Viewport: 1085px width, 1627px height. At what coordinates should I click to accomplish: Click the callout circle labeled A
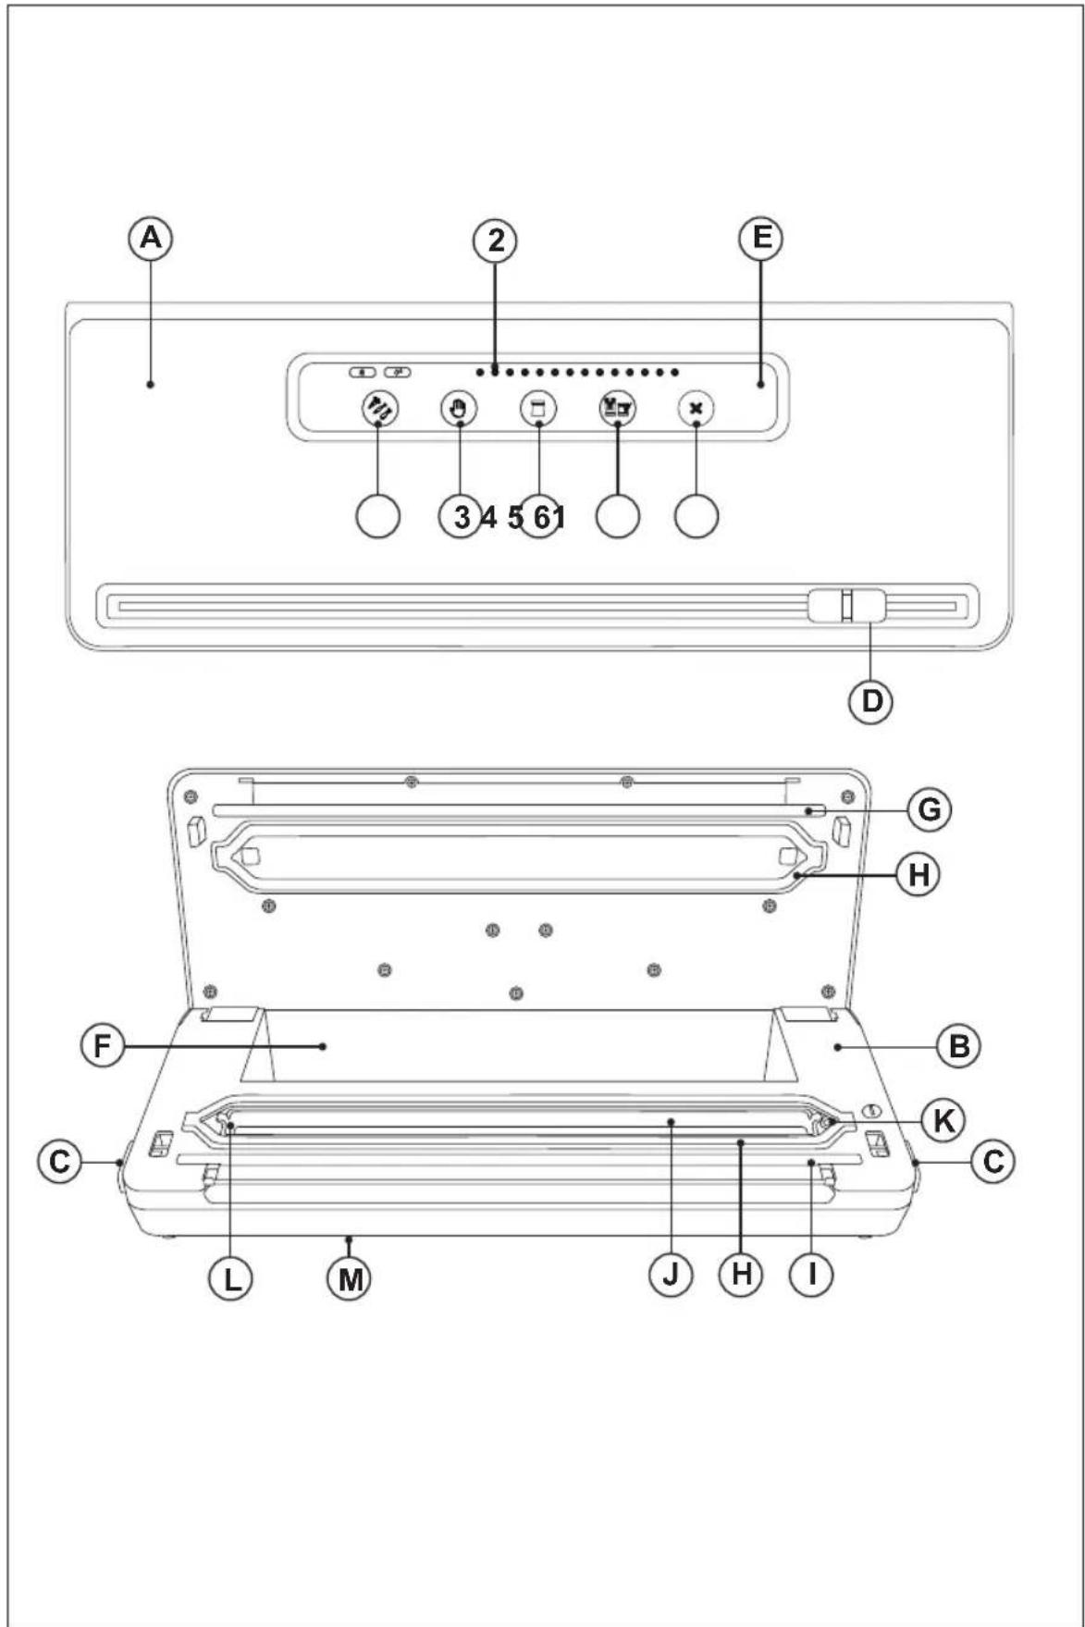point(150,239)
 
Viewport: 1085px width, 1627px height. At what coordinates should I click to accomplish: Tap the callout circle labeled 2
point(496,240)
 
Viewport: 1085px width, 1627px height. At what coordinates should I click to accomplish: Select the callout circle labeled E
point(761,238)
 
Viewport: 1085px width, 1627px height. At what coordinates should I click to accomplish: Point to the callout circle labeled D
point(871,701)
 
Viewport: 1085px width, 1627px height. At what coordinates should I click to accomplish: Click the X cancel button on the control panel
point(696,408)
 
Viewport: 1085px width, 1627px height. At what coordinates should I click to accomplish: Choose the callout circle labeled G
point(929,809)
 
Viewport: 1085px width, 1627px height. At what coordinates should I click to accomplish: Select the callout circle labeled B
point(959,1046)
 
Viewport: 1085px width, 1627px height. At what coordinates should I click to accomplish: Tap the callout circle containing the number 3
point(461,516)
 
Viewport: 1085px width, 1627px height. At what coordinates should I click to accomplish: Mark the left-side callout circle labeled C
point(59,1160)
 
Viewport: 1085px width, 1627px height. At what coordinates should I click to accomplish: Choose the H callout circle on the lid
point(918,874)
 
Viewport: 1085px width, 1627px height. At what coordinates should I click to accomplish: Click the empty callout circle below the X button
point(697,516)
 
